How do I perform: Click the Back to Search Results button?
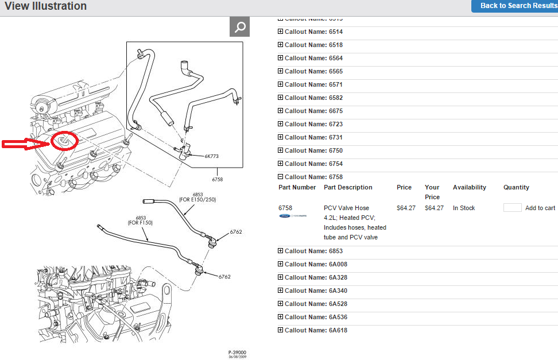point(514,6)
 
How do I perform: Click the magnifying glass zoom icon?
point(240,27)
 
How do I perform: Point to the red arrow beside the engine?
point(26,144)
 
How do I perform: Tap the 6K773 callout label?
point(211,156)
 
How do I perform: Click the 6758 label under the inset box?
point(217,180)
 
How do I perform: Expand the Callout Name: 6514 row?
point(313,32)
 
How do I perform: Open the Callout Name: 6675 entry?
point(313,111)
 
